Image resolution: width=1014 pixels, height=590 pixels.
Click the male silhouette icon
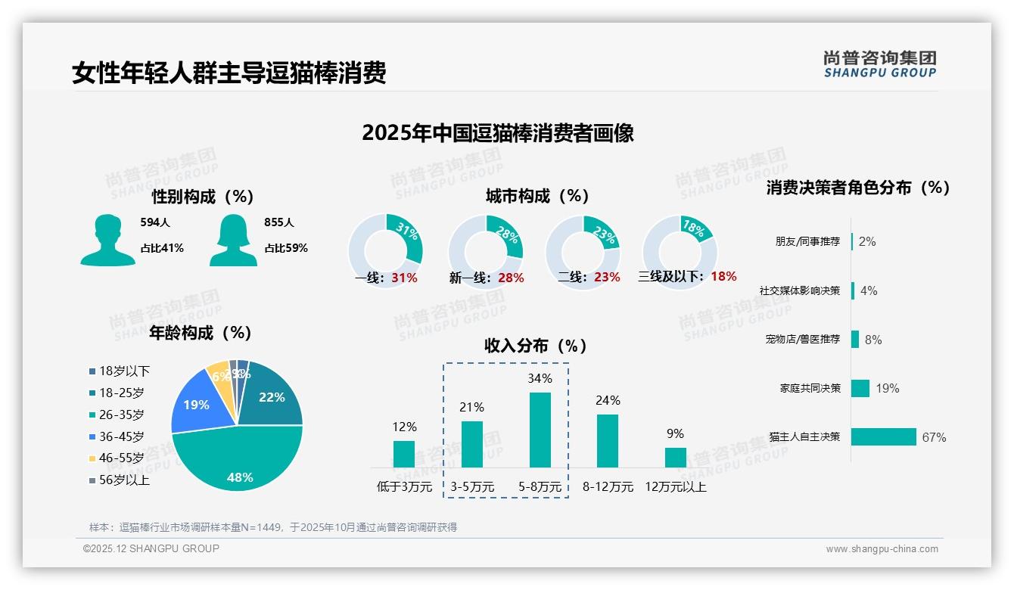[x=107, y=241]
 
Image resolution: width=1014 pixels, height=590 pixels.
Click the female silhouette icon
[x=233, y=241]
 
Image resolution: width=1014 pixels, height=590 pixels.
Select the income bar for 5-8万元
[x=540, y=430]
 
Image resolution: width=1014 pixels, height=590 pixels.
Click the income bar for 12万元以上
[x=675, y=457]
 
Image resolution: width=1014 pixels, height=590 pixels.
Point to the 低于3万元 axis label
[x=404, y=487]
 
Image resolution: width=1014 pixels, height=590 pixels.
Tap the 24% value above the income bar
[x=608, y=401]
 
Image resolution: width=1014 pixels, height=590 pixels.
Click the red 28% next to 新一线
[x=511, y=278]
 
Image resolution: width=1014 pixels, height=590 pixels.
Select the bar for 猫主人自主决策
[x=883, y=437]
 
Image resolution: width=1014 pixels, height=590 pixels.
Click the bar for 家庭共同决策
[x=860, y=388]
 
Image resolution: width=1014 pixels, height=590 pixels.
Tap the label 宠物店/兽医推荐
[x=802, y=340]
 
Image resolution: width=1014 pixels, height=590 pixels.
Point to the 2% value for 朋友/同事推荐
[x=867, y=242]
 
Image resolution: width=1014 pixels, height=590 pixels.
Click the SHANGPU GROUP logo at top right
[x=879, y=64]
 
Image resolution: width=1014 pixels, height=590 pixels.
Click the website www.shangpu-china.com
[x=882, y=549]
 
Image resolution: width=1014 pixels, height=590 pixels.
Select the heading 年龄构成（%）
[x=201, y=333]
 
